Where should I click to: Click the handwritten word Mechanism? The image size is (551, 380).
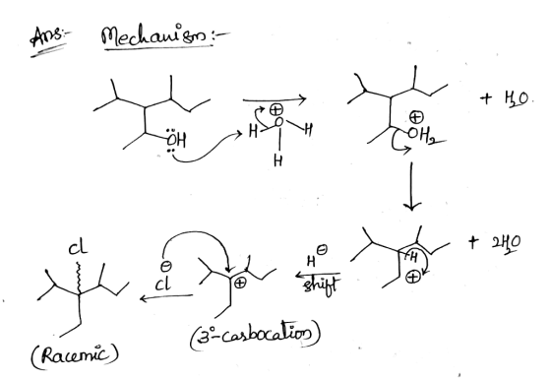click(x=155, y=36)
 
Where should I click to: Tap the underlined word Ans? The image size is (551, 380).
click(x=47, y=36)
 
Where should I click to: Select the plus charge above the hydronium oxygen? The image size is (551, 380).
click(x=276, y=110)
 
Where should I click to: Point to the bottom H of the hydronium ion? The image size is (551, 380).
click(x=277, y=160)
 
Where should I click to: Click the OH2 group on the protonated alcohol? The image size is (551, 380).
click(x=422, y=136)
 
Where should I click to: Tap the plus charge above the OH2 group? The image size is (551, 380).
click(x=417, y=117)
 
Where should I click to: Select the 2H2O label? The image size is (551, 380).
click(x=507, y=242)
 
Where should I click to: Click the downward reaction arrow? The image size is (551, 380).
click(x=411, y=186)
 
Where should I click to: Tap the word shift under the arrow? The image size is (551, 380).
click(x=321, y=285)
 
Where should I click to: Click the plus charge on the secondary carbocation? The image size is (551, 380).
click(x=412, y=278)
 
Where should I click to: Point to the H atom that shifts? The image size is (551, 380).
click(x=413, y=258)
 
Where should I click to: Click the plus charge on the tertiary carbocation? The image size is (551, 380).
click(x=240, y=283)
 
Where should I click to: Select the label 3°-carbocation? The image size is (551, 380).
click(x=256, y=336)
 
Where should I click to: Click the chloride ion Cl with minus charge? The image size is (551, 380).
click(x=164, y=279)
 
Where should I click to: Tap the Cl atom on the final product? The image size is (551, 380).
click(x=77, y=248)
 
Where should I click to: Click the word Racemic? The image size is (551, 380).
click(x=75, y=355)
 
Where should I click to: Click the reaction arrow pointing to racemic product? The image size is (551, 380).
click(x=166, y=298)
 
